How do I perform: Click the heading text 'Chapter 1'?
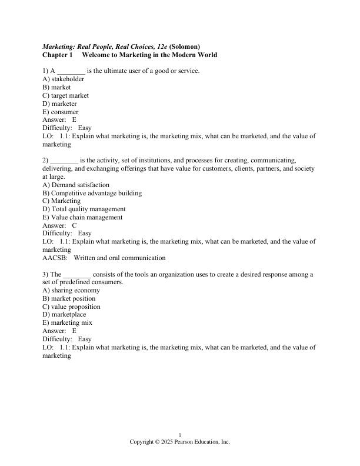click(x=57, y=55)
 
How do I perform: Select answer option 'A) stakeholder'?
click(x=64, y=79)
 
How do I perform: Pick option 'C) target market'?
click(x=66, y=95)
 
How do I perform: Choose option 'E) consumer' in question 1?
click(x=61, y=112)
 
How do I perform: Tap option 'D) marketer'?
click(x=60, y=104)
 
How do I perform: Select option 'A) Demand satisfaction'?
click(x=76, y=185)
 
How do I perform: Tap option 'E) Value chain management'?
click(x=83, y=217)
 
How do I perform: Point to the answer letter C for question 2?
click(x=74, y=225)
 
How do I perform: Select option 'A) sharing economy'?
click(x=71, y=290)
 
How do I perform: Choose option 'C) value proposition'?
click(x=71, y=307)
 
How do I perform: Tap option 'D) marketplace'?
click(x=64, y=315)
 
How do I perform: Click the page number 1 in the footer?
click(x=180, y=435)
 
